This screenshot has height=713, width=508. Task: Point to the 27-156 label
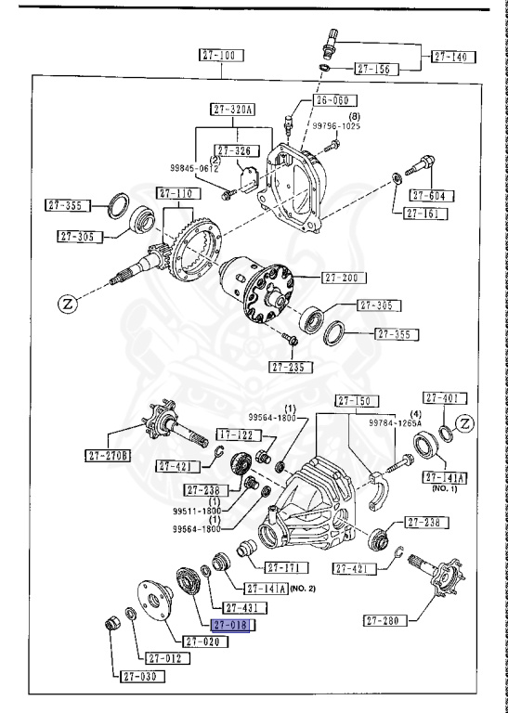pyautogui.click(x=376, y=69)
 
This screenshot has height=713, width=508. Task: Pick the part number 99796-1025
pyautogui.click(x=335, y=124)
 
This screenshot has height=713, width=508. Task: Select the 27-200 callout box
pyautogui.click(x=344, y=278)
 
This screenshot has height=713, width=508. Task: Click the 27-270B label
pyautogui.click(x=111, y=455)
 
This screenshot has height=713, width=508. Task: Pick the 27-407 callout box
pyautogui.click(x=444, y=398)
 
